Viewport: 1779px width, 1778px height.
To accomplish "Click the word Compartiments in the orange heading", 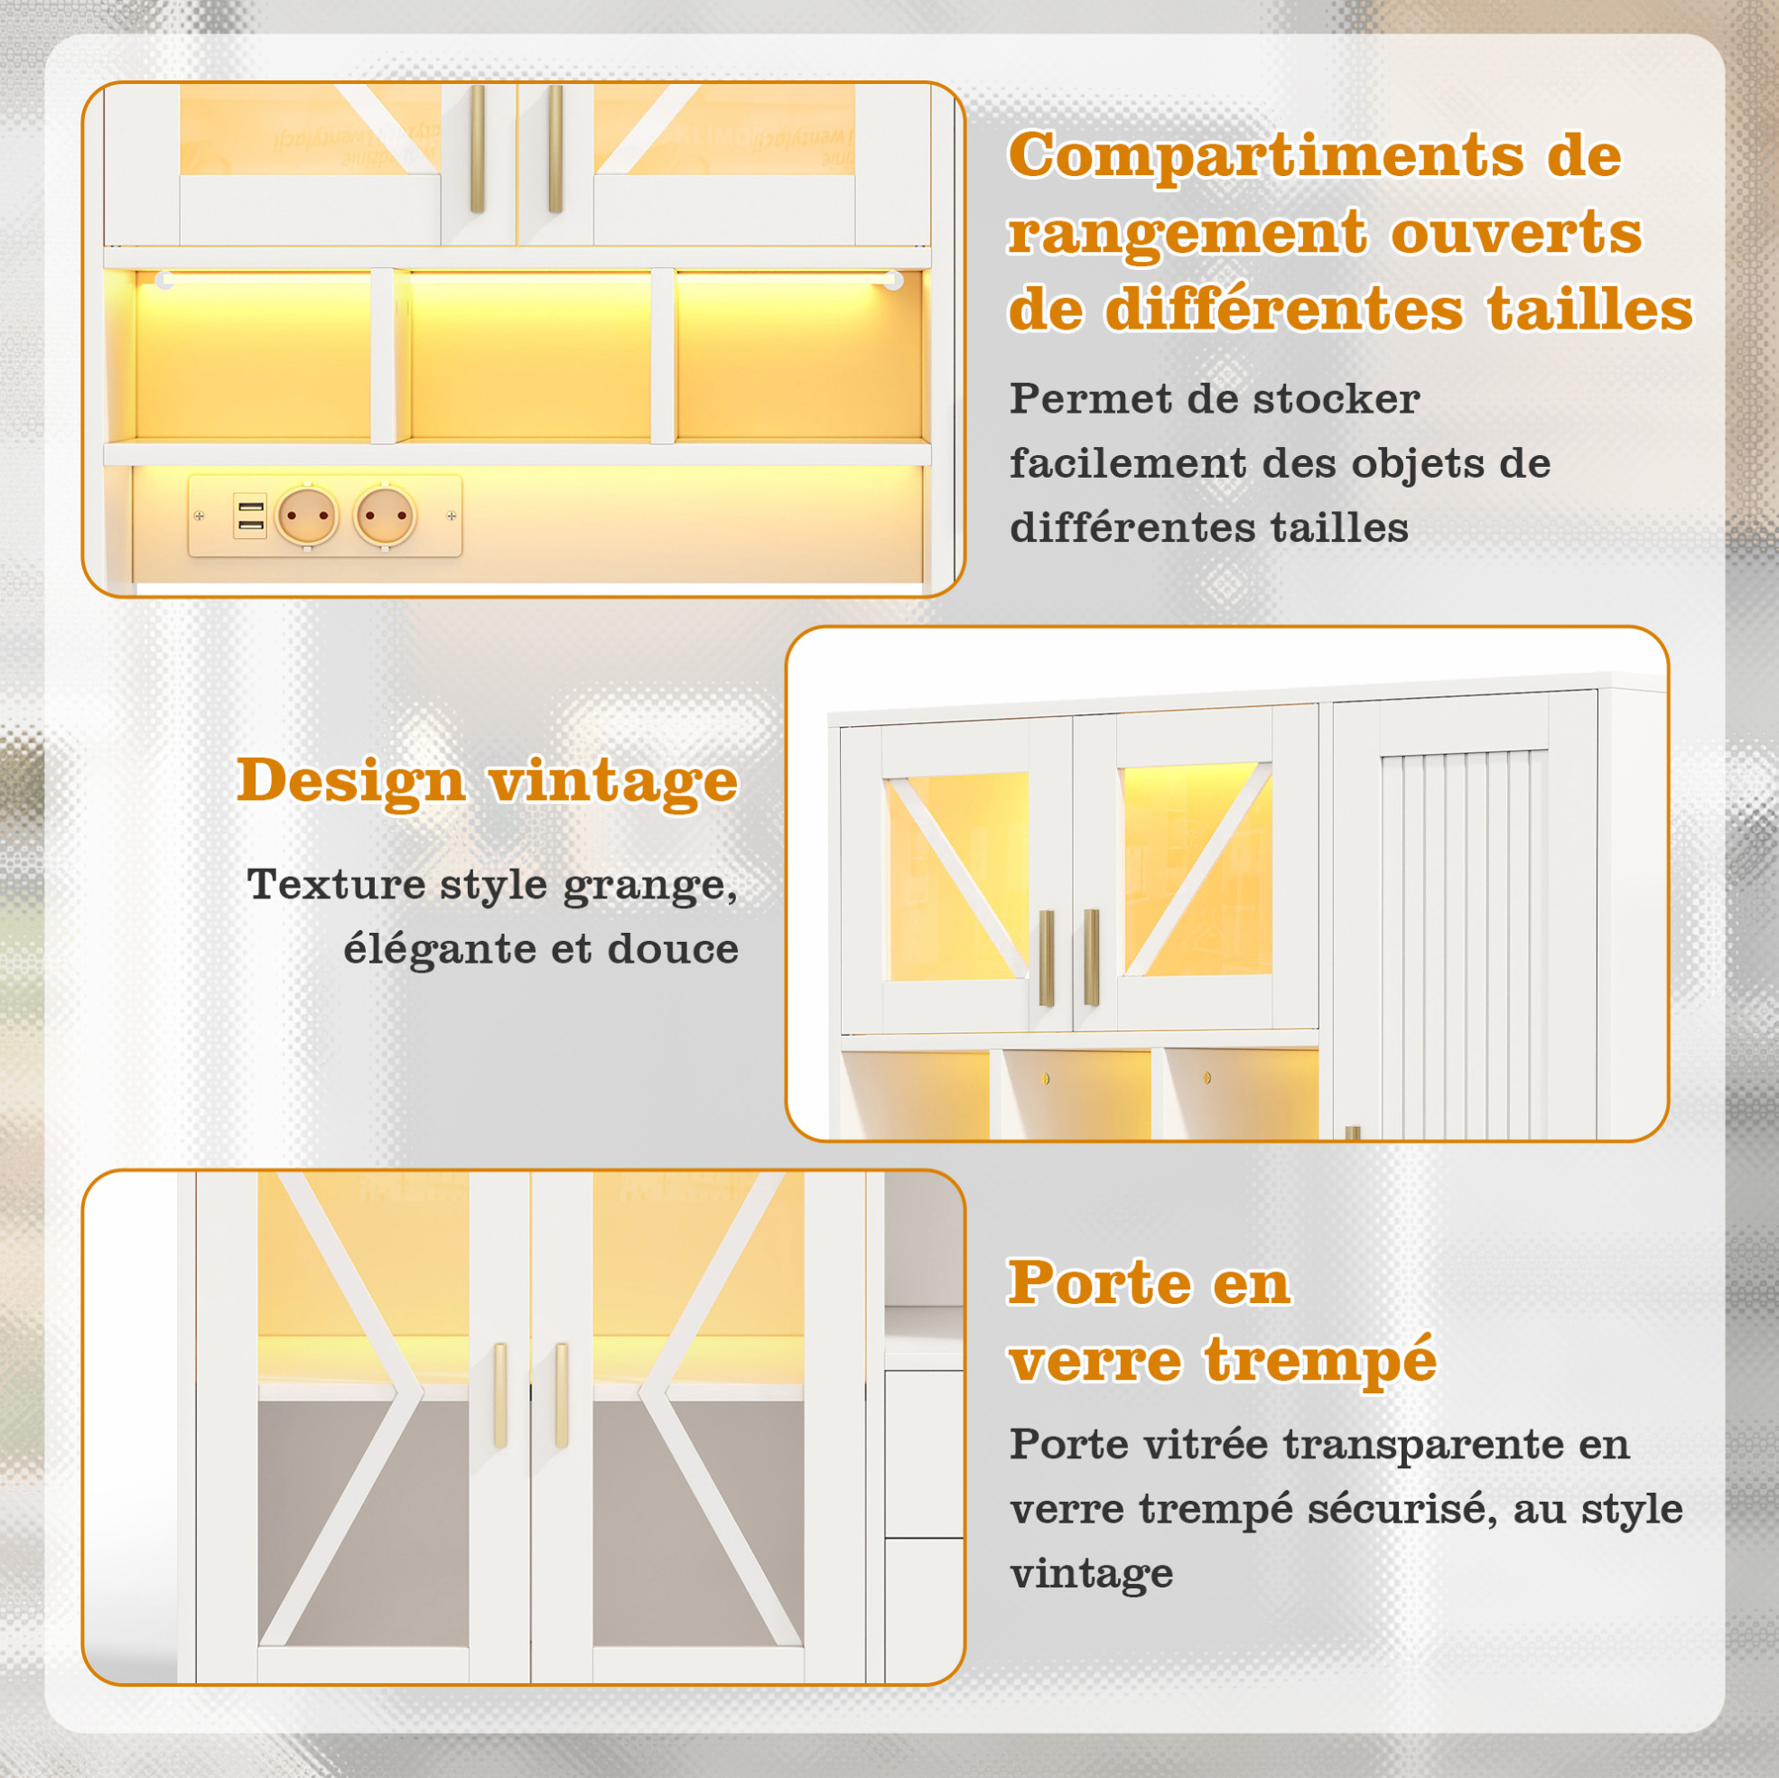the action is point(1266,155).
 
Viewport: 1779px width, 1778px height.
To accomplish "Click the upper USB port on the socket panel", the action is point(250,507).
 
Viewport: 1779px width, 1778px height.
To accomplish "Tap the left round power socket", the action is point(308,517).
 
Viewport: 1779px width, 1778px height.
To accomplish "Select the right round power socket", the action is point(385,517).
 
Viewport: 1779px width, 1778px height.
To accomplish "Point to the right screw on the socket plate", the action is point(452,517).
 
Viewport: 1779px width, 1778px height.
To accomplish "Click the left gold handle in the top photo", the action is point(477,149).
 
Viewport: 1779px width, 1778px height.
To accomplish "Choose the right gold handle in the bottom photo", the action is point(562,1396).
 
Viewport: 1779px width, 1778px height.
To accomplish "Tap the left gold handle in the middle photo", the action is point(1047,957).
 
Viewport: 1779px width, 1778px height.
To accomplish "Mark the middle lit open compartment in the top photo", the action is point(530,358).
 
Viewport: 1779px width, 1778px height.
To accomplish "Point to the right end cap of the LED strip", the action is point(892,281).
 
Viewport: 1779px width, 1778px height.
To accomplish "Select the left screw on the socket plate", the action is point(199,517).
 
